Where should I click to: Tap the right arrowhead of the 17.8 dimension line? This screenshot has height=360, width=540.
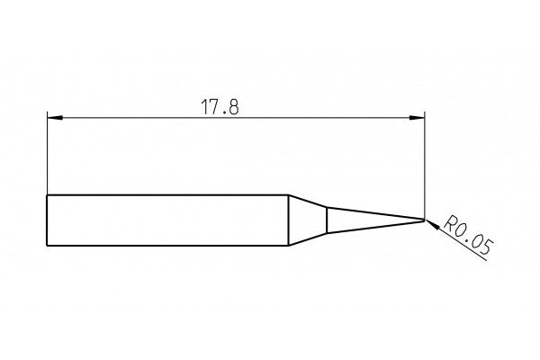click(x=418, y=117)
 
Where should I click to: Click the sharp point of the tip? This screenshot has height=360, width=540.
click(x=424, y=220)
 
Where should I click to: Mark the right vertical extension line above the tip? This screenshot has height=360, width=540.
click(x=424, y=162)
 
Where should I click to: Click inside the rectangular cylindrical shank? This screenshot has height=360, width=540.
click(x=166, y=220)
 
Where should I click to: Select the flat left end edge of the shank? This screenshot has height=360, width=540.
click(x=46, y=220)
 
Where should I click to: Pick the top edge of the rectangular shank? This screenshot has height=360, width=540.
click(x=166, y=195)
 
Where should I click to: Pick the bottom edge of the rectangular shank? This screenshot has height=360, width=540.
click(x=166, y=245)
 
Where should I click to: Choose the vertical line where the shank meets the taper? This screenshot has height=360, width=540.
click(x=288, y=220)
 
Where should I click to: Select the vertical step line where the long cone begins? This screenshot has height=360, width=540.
click(x=327, y=220)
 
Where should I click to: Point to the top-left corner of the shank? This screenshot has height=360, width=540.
click(x=46, y=195)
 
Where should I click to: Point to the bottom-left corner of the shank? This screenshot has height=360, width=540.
click(x=46, y=245)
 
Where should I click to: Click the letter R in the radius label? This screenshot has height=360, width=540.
click(x=451, y=220)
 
